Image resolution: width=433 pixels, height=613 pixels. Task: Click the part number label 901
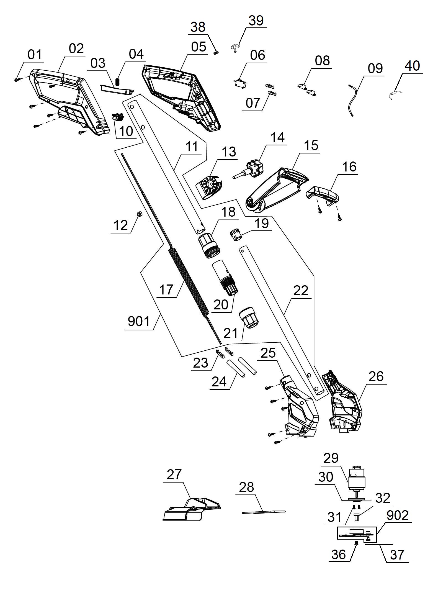coord(139,322)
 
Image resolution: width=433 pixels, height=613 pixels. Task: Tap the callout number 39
coord(256,21)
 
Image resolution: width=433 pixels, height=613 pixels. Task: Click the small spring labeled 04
coord(117,82)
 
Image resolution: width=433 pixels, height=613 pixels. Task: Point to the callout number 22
coord(301,291)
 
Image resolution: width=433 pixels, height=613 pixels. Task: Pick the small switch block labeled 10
coord(118,117)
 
